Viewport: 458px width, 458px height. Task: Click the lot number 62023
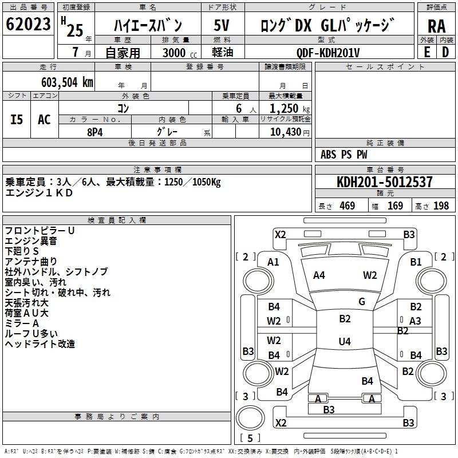28,25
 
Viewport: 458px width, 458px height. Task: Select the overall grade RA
436,26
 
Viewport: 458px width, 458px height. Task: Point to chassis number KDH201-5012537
385,182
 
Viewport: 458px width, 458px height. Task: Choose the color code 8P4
95,131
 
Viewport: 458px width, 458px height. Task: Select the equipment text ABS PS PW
344,155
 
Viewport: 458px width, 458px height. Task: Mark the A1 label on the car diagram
273,262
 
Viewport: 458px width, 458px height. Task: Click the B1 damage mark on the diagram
416,262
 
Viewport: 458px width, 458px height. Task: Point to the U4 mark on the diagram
345,342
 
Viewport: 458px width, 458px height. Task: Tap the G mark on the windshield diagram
361,301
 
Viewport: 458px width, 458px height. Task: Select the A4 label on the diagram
319,275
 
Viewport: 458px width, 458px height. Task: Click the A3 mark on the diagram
415,321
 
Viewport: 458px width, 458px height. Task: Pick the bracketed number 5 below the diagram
250,438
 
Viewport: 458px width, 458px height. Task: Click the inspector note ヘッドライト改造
40,344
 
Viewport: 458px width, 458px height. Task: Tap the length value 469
347,206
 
